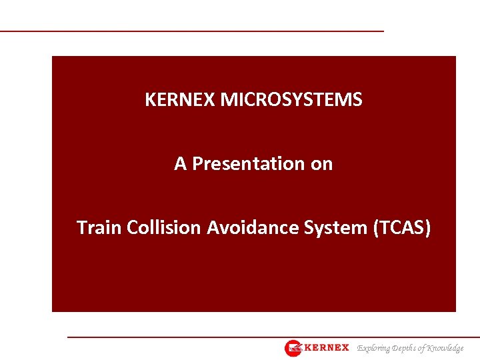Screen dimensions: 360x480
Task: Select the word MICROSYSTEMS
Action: pos(291,100)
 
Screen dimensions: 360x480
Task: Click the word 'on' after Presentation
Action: pos(321,164)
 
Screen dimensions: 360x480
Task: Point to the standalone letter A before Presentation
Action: pos(180,163)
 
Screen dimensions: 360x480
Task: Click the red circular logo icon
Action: pos(293,348)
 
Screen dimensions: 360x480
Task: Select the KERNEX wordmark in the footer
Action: pos(326,348)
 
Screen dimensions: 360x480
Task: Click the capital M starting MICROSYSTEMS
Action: pos(227,100)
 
